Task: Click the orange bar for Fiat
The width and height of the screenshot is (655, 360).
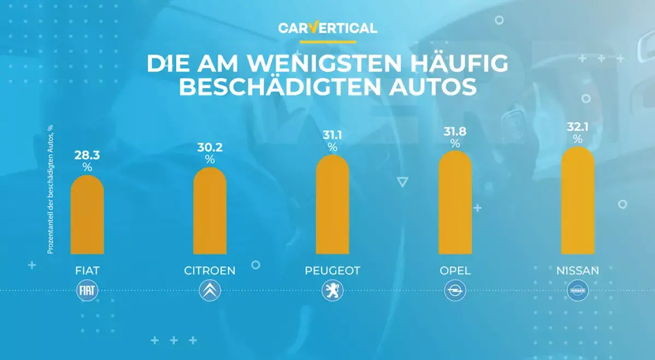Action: click(87, 215)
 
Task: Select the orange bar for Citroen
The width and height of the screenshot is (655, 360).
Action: click(210, 211)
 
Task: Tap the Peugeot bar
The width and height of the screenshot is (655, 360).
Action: click(332, 205)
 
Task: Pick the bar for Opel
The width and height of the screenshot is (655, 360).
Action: click(455, 202)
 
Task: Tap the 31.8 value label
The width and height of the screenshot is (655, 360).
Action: click(455, 133)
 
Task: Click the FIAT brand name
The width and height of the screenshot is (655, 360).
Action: click(87, 271)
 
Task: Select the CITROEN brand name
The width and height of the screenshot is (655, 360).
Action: click(210, 271)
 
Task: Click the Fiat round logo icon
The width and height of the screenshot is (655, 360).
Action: click(87, 291)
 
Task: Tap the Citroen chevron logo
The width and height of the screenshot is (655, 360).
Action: click(210, 291)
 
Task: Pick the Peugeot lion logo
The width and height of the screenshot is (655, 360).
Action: click(332, 291)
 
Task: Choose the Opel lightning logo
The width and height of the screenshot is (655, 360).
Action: click(455, 291)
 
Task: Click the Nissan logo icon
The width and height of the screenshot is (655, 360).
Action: click(577, 291)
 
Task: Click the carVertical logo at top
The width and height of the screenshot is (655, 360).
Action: click(327, 28)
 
